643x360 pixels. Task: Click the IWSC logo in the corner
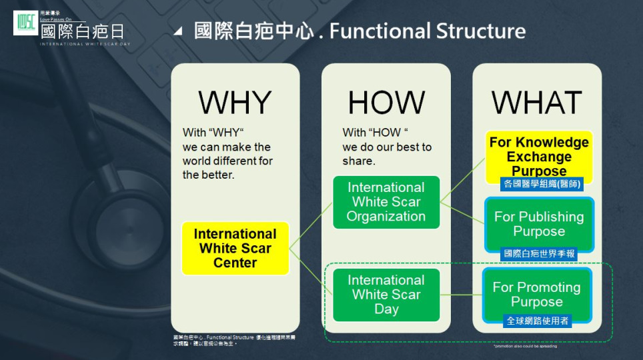point(25,23)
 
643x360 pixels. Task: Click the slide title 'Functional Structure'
point(427,31)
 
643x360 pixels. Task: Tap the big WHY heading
point(235,103)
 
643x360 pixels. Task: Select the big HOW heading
point(386,103)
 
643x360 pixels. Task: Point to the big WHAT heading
point(536,103)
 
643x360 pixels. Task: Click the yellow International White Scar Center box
point(235,248)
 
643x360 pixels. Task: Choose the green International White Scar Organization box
point(386,202)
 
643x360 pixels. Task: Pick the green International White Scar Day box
point(386,295)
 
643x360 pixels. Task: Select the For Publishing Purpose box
point(538,224)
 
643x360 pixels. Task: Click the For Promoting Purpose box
point(537,294)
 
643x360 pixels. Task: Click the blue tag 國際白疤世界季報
point(538,253)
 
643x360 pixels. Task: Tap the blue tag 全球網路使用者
point(537,321)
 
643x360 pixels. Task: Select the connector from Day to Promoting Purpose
point(461,295)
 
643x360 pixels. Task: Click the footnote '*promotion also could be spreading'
point(525,346)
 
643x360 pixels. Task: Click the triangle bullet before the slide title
point(177,31)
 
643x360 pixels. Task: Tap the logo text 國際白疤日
point(82,31)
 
